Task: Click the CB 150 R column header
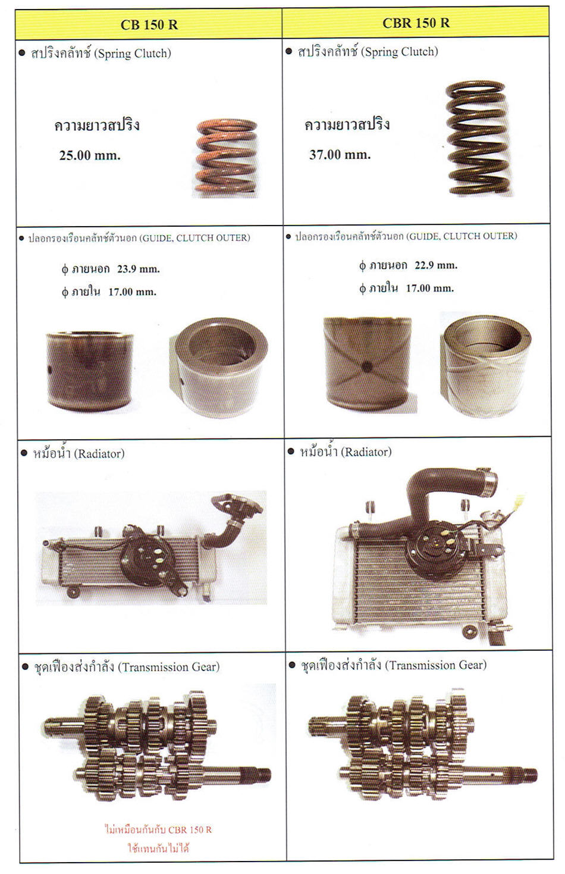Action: [x=149, y=25]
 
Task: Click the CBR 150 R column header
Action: [x=416, y=23]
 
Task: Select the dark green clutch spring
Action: [x=478, y=138]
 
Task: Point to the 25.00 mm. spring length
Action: [x=90, y=155]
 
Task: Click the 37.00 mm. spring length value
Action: [x=340, y=155]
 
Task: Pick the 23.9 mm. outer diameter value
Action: [x=139, y=269]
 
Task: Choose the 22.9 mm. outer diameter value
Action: [x=436, y=265]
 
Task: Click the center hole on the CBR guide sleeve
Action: [x=366, y=366]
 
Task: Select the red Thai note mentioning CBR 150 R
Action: [x=158, y=838]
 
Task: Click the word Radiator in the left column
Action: [x=99, y=453]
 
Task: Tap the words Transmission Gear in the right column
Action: [x=435, y=665]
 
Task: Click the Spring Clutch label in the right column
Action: [x=399, y=52]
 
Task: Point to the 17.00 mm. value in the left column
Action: [x=132, y=292]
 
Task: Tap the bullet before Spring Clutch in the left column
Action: [x=22, y=53]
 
